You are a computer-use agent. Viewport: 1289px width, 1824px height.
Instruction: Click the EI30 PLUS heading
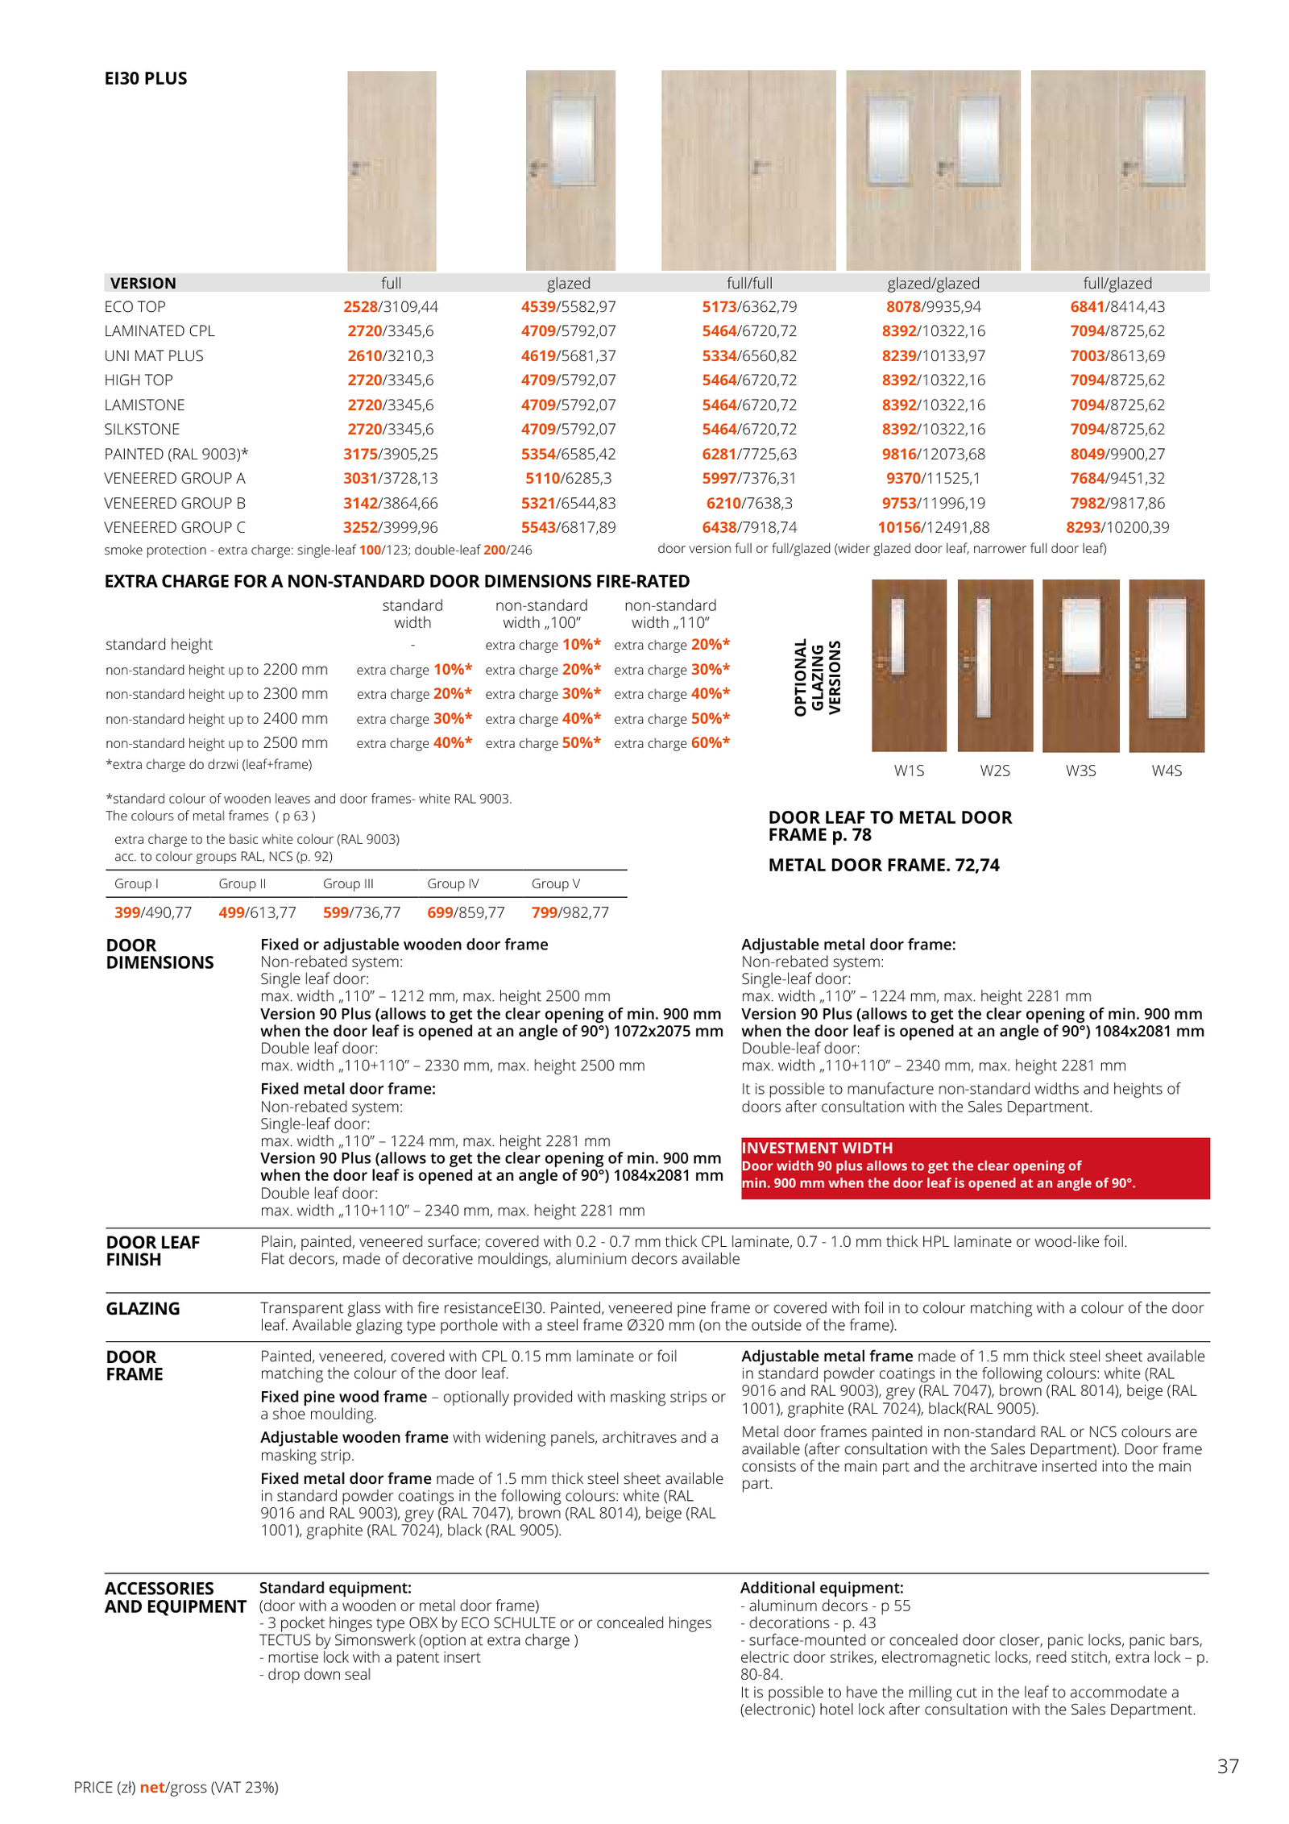(x=145, y=78)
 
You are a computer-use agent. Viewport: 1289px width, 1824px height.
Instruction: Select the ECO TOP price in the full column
(x=390, y=307)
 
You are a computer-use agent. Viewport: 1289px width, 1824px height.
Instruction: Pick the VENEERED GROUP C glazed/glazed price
(x=933, y=528)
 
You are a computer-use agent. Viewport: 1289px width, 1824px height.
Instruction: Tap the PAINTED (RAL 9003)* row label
(x=176, y=455)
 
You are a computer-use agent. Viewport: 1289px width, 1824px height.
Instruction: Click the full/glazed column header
(x=1117, y=284)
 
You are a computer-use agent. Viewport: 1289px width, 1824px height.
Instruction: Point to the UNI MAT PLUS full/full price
(x=748, y=356)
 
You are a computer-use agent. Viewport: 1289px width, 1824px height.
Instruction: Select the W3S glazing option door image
(x=1080, y=665)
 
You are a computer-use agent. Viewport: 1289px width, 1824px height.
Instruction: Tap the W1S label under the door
(x=909, y=771)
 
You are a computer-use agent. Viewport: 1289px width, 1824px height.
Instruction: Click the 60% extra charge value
(x=710, y=743)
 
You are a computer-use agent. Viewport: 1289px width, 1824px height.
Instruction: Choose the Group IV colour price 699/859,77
(x=466, y=913)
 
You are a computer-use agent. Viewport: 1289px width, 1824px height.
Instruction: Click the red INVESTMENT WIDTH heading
(x=817, y=1148)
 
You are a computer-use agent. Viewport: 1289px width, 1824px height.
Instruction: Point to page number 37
(x=1227, y=1766)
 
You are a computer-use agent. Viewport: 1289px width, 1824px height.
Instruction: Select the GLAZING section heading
(x=143, y=1309)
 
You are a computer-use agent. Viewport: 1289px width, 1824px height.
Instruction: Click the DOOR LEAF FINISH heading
(x=152, y=1251)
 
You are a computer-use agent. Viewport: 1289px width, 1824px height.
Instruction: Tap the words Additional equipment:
(x=821, y=1588)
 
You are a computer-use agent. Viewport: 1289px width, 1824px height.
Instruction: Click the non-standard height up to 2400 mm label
(x=216, y=719)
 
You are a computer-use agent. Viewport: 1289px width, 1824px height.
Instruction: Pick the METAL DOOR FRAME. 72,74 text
(x=883, y=866)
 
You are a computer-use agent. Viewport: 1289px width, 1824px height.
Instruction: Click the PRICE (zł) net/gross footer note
(x=176, y=1788)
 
